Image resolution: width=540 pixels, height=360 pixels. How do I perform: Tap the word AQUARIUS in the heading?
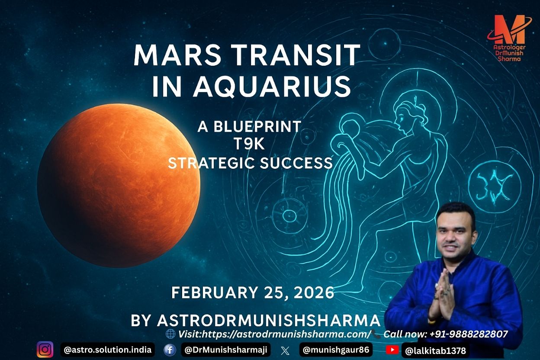tap(272, 86)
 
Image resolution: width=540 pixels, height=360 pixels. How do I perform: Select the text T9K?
tap(249, 144)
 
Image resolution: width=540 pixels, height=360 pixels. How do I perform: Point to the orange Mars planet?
tap(119, 185)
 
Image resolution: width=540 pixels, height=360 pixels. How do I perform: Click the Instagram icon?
tap(45, 350)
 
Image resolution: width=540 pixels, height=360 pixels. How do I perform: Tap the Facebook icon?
tap(170, 350)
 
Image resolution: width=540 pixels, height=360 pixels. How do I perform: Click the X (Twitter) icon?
tap(285, 350)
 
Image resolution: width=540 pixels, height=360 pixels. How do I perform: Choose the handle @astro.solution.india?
tap(108, 350)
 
